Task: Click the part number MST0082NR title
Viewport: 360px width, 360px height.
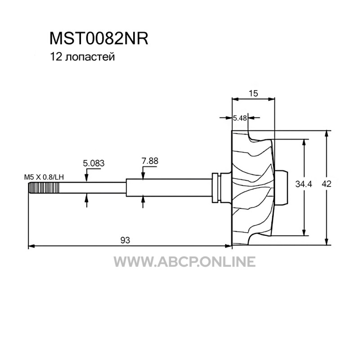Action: click(x=99, y=39)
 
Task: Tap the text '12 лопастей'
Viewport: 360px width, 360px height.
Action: click(x=82, y=57)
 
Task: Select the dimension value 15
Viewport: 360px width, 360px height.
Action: click(x=253, y=93)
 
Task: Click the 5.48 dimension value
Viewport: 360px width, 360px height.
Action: click(x=240, y=118)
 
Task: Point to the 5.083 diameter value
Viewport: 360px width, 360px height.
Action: click(x=94, y=163)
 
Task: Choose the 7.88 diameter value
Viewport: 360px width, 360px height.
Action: click(x=150, y=161)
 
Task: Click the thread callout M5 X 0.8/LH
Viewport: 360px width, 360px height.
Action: click(x=44, y=177)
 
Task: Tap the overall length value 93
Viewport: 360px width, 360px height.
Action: click(x=125, y=240)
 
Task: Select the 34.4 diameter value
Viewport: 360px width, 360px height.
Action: click(x=303, y=184)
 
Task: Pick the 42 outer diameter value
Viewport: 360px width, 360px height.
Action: click(x=327, y=184)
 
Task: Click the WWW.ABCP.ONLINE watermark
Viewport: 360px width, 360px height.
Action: click(x=184, y=261)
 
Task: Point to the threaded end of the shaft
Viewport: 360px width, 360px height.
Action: click(x=44, y=188)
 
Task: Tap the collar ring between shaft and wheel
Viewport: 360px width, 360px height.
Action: click(x=216, y=188)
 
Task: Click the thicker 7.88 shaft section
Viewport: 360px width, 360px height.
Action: click(x=169, y=188)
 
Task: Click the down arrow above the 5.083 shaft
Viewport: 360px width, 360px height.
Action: click(x=86, y=179)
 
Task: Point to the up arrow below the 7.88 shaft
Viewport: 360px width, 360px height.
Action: click(x=143, y=200)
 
